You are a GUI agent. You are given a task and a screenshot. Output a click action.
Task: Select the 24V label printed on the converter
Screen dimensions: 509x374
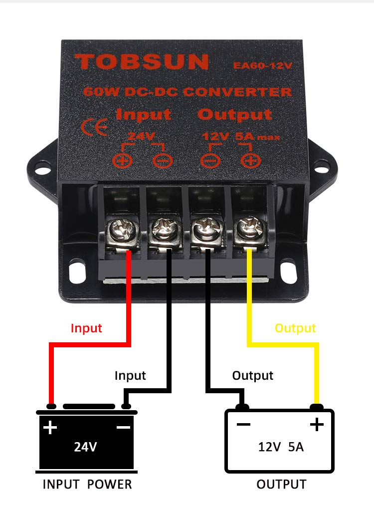point(138,136)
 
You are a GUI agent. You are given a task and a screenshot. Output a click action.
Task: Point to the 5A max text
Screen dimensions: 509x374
point(257,136)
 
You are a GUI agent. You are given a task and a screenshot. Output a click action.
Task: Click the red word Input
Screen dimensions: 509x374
point(86,328)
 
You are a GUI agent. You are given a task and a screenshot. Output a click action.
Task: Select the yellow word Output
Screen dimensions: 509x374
point(295,328)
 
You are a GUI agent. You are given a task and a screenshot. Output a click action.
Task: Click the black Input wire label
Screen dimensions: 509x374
point(130,375)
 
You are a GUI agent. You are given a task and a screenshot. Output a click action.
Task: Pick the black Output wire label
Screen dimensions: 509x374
point(253,375)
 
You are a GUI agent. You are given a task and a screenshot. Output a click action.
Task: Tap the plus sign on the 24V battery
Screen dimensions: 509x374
point(50,427)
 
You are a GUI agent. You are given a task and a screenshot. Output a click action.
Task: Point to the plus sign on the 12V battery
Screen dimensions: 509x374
point(316,425)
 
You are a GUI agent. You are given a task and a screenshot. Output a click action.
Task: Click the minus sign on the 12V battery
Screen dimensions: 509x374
point(244,425)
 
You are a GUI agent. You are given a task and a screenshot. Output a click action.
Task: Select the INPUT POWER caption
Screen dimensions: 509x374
point(87,484)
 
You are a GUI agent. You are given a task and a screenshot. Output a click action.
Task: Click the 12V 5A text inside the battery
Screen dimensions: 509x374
point(281,447)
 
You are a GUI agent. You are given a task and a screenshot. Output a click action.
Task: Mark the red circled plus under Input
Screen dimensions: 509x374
point(121,160)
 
